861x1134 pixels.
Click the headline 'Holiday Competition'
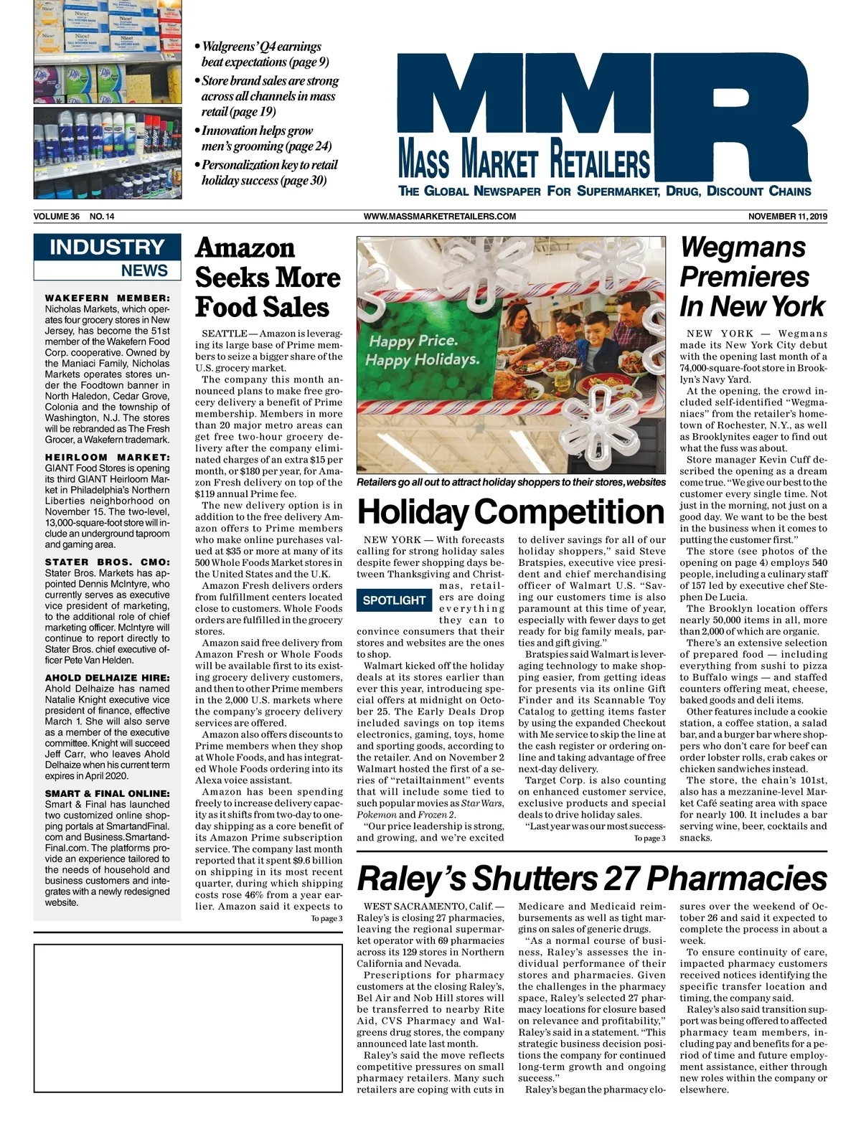(x=510, y=512)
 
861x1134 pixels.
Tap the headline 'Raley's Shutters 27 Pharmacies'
(x=592, y=879)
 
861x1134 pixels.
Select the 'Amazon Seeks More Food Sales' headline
(x=268, y=278)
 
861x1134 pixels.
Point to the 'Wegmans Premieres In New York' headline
(x=752, y=277)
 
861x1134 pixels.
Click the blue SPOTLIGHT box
(x=394, y=600)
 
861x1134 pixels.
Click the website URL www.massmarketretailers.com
(x=439, y=217)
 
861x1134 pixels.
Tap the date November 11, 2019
(x=787, y=217)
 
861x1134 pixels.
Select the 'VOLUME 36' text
(x=57, y=217)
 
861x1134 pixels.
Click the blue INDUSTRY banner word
(x=107, y=247)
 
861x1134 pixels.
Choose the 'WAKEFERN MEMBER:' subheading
(x=108, y=298)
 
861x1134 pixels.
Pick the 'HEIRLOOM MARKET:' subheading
(x=108, y=458)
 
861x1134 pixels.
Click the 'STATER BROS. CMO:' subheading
(x=108, y=562)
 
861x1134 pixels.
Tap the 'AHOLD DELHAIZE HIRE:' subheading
(x=108, y=678)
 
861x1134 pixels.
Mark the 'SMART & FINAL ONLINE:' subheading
(x=108, y=794)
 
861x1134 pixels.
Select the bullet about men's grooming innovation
(x=266, y=138)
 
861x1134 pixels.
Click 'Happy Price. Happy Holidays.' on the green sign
(x=422, y=349)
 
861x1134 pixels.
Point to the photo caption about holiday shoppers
(x=511, y=483)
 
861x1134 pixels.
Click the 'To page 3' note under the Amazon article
(x=327, y=919)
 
